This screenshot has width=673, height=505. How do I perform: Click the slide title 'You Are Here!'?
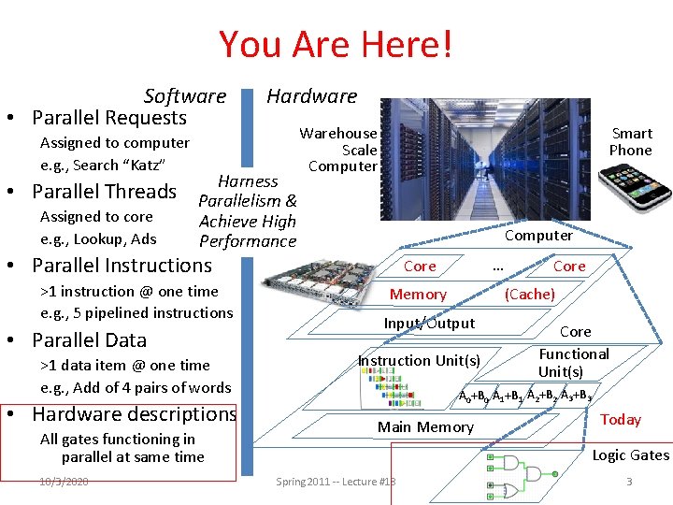point(336,44)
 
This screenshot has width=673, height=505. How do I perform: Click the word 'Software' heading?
point(185,95)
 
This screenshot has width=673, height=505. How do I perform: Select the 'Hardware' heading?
point(311,95)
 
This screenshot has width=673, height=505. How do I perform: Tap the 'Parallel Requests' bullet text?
point(109,118)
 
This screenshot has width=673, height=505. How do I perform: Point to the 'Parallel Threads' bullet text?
point(104,192)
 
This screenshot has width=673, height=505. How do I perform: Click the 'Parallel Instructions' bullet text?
point(122,266)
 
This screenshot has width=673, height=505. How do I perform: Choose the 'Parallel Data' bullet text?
point(89,339)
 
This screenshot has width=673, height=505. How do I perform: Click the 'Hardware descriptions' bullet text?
point(134,413)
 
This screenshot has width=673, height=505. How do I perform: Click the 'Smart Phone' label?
point(631,141)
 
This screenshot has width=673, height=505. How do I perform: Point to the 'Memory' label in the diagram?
point(418,295)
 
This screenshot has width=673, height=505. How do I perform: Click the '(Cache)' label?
point(529,295)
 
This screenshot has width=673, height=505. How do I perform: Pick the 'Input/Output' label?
point(429,324)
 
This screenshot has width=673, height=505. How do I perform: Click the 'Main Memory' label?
point(425,427)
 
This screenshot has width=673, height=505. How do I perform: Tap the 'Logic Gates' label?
point(630,455)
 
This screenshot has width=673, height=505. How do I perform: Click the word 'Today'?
point(621,420)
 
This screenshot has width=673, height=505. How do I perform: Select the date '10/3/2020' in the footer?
point(64,481)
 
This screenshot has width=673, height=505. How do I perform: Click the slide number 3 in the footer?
point(629,481)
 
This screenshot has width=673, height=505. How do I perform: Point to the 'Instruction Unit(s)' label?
point(419,361)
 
